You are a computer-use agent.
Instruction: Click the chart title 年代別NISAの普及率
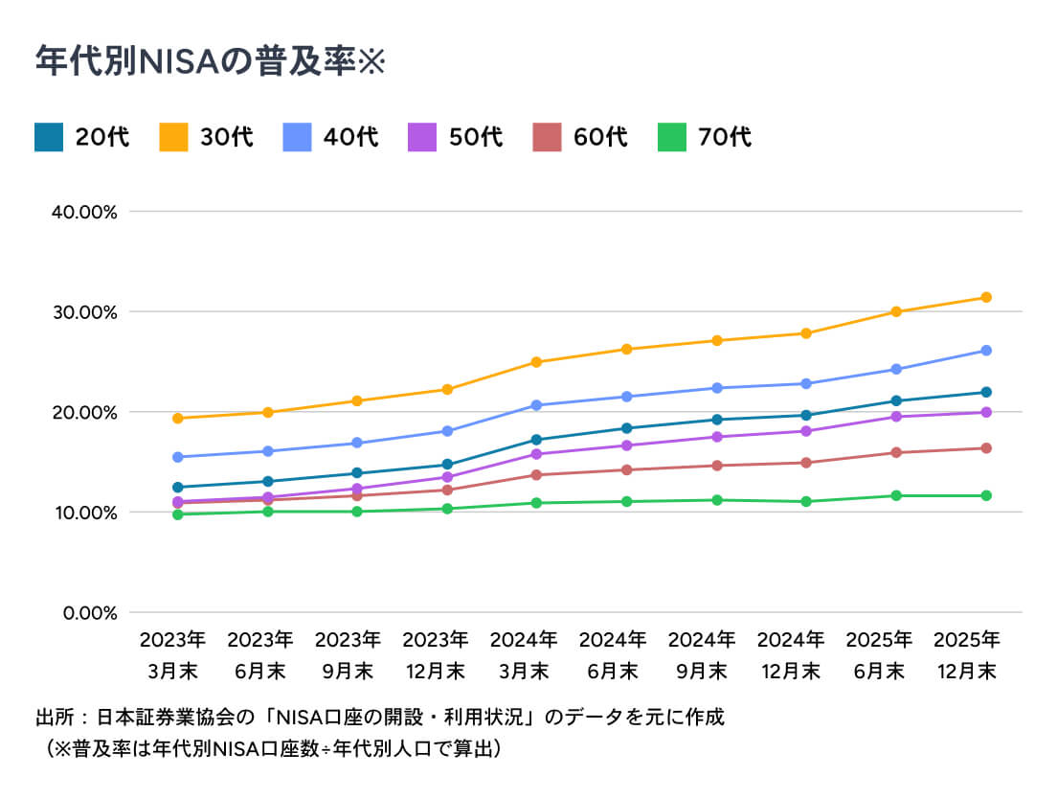pyautogui.click(x=194, y=61)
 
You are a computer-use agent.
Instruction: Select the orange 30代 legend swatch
pyautogui.click(x=173, y=137)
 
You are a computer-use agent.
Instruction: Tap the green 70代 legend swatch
pyautogui.click(x=671, y=137)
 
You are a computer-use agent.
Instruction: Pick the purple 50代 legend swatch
pyautogui.click(x=422, y=137)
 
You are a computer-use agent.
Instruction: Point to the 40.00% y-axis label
pyautogui.click(x=84, y=213)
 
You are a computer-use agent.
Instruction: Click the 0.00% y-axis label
pyautogui.click(x=90, y=613)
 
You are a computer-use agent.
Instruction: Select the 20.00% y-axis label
pyautogui.click(x=84, y=413)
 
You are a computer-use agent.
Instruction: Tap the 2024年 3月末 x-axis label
pyautogui.click(x=524, y=654)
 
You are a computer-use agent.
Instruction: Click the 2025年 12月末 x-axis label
pyautogui.click(x=967, y=654)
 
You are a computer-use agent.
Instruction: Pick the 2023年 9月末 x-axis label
pyautogui.click(x=348, y=654)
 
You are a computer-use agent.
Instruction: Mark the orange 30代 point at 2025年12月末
pyautogui.click(x=985, y=297)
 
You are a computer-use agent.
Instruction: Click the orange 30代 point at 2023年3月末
pyautogui.click(x=178, y=418)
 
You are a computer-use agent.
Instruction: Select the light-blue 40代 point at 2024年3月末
pyautogui.click(x=536, y=405)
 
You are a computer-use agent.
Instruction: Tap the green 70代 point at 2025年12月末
pyautogui.click(x=985, y=495)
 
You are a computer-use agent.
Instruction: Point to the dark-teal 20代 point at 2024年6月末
pyautogui.click(x=627, y=428)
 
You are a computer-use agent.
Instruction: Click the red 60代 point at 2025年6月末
pyautogui.click(x=896, y=452)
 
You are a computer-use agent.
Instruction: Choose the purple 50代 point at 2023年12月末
pyautogui.click(x=447, y=477)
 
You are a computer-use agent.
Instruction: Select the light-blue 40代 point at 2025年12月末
pyautogui.click(x=985, y=351)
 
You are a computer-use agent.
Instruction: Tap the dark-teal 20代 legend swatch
pyautogui.click(x=49, y=137)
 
